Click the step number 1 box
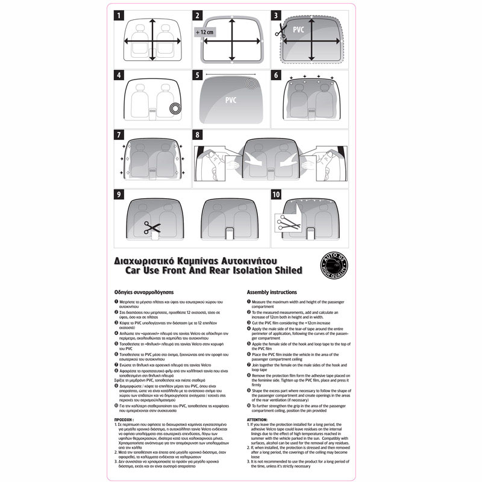(120, 16)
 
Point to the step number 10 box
(276, 195)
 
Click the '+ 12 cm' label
(205, 31)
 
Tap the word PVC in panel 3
(299, 28)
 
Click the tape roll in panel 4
(175, 108)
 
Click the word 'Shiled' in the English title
(283, 271)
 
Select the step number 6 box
(276, 76)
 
